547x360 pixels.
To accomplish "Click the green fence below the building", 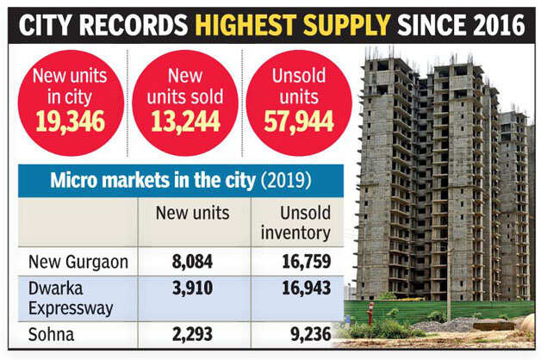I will pos(431,309).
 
